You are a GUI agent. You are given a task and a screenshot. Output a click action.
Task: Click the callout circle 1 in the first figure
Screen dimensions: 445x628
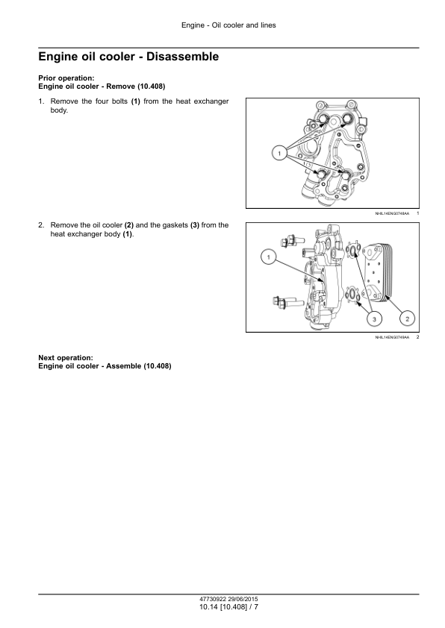(279, 153)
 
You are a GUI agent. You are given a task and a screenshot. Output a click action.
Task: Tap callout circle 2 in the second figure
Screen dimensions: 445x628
(408, 318)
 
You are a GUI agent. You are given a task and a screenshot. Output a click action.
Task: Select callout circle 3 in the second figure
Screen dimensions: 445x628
(374, 318)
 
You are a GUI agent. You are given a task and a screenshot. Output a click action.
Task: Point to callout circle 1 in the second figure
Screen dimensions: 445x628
(268, 257)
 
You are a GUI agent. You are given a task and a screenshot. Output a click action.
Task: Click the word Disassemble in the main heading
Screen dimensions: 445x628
(182, 57)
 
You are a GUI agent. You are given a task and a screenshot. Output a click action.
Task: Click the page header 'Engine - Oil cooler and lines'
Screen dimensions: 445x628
(228, 25)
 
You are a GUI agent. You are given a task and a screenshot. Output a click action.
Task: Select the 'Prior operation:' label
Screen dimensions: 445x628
(66, 78)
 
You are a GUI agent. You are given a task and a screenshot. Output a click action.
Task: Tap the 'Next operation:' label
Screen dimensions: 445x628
(66, 358)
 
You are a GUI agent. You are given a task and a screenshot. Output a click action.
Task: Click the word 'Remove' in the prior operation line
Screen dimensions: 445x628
(121, 86)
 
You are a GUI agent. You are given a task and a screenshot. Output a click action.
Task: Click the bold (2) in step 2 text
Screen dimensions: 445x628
(128, 225)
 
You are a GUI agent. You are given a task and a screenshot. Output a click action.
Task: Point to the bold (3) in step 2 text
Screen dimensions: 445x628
(194, 225)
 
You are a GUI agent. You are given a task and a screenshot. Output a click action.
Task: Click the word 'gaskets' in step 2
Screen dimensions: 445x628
(175, 225)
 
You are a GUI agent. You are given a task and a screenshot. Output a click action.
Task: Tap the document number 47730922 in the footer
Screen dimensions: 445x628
(213, 599)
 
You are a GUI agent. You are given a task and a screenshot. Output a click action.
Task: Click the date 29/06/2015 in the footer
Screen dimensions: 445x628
(243, 599)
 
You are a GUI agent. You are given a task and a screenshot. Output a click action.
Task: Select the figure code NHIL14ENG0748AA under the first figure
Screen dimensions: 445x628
(392, 213)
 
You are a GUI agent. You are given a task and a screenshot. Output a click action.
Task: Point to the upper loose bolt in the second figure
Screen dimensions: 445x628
(289, 241)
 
